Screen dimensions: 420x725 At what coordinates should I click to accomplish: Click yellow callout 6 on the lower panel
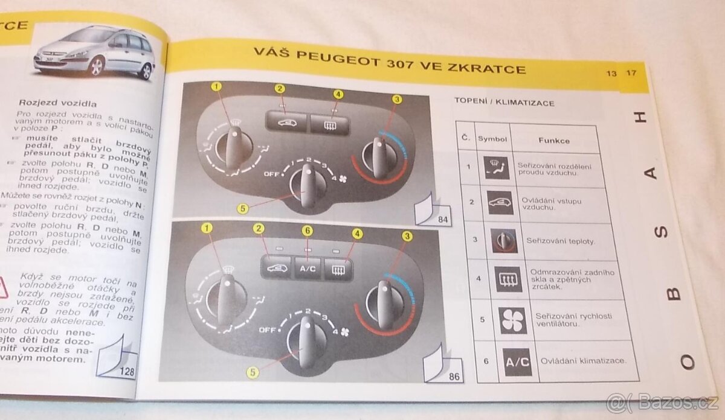click(x=308, y=231)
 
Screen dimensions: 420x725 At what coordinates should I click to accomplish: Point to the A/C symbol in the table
click(x=517, y=362)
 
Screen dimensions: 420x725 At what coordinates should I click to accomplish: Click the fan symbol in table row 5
click(x=514, y=320)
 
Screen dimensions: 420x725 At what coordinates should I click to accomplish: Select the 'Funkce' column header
click(x=554, y=141)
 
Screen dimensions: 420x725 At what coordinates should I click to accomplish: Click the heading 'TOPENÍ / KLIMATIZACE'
click(x=504, y=103)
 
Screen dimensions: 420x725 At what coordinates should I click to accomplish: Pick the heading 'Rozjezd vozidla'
click(x=58, y=103)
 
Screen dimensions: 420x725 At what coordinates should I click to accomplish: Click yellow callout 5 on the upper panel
click(x=242, y=209)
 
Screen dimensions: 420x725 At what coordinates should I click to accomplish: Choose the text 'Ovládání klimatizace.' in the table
click(x=580, y=361)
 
